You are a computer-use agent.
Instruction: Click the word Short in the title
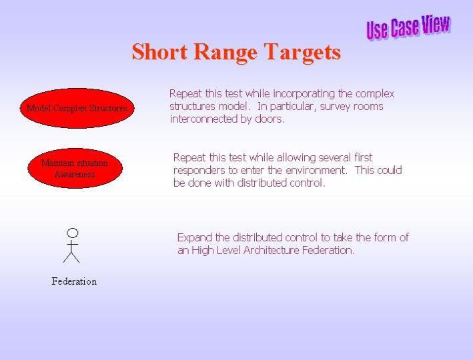click(x=159, y=51)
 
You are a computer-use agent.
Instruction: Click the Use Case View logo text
click(x=408, y=27)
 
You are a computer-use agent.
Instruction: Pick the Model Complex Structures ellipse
click(x=77, y=108)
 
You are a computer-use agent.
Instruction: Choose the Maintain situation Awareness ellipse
click(x=75, y=168)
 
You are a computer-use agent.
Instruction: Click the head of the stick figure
click(x=73, y=233)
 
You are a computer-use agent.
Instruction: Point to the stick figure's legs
click(x=71, y=257)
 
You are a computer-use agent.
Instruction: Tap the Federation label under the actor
click(x=74, y=281)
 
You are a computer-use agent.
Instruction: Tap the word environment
click(x=316, y=171)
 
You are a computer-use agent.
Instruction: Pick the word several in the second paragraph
click(x=334, y=157)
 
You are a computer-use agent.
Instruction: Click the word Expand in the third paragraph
click(x=195, y=238)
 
